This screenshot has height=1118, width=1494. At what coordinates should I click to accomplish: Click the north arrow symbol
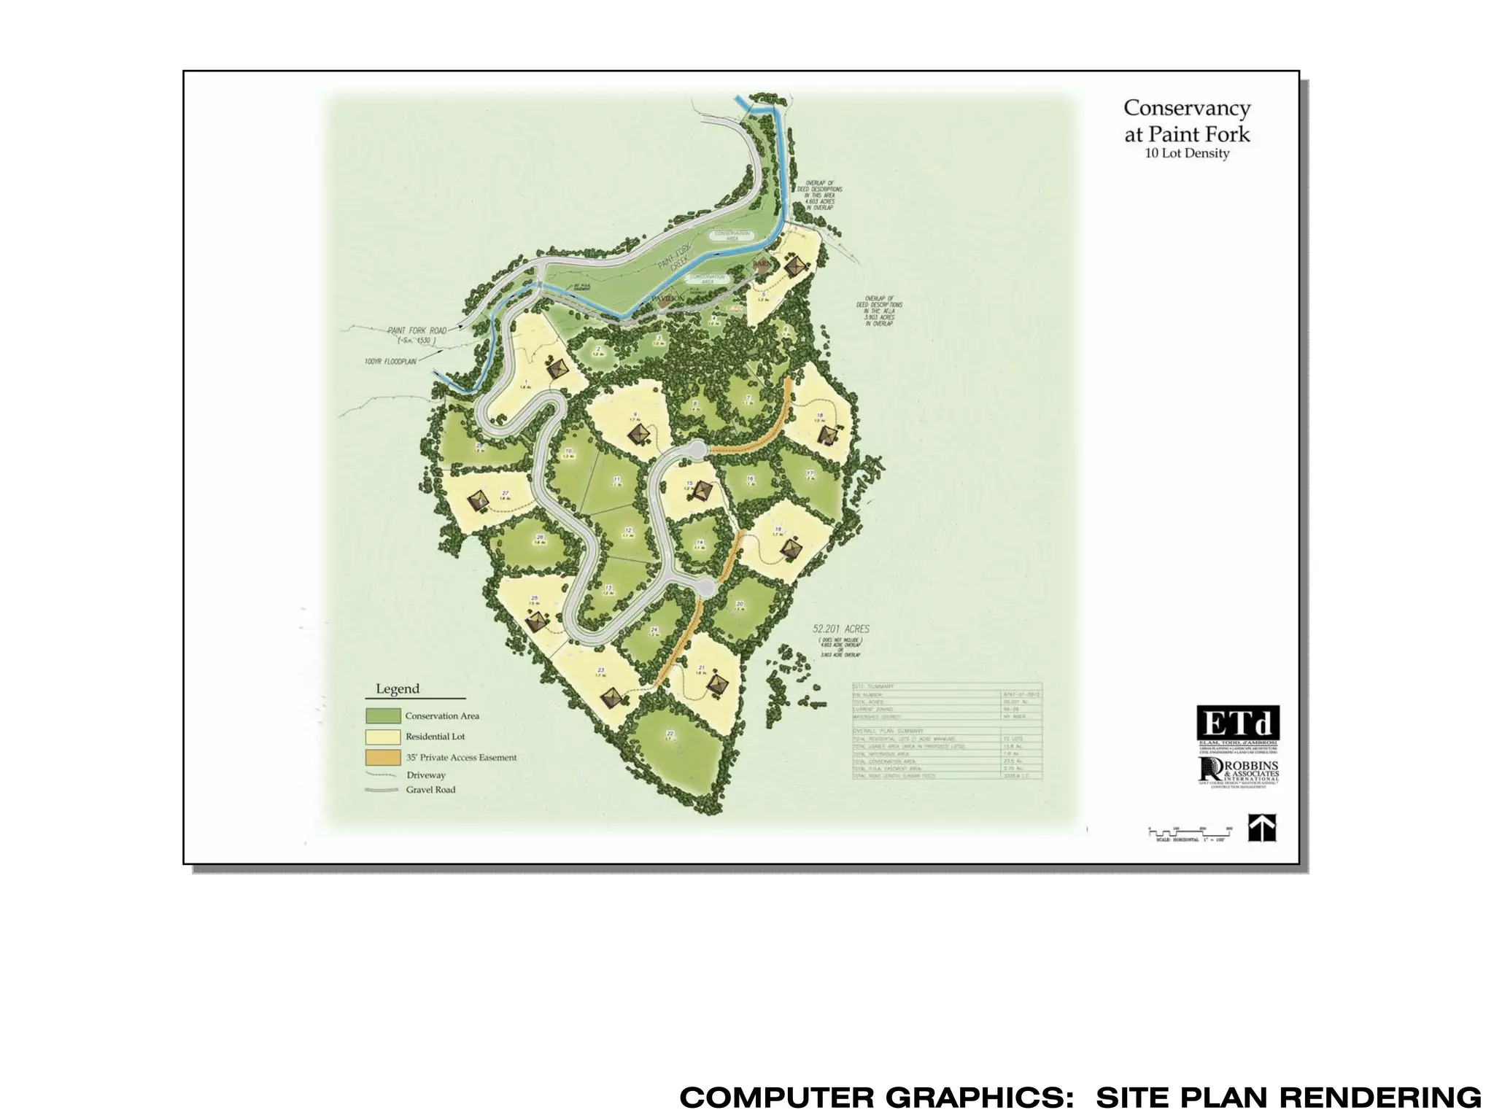pos(1261,828)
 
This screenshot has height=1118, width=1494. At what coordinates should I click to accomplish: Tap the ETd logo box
pos(1237,723)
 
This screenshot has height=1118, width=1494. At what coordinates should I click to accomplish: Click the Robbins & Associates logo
pos(1238,772)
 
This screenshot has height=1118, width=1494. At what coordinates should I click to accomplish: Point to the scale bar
pos(1190,832)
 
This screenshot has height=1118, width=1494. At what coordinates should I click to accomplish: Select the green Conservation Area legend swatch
pos(383,715)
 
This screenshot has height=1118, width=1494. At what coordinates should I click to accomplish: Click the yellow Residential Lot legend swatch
pos(383,737)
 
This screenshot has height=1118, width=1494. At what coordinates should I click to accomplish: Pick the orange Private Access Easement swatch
pos(383,758)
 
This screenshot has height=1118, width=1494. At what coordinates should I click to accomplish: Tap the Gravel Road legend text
pos(430,790)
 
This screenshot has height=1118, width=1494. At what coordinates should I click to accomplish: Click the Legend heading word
pos(398,688)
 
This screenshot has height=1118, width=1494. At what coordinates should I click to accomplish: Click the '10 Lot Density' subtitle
pos(1187,153)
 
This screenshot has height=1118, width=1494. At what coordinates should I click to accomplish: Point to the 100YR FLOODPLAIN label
pos(390,361)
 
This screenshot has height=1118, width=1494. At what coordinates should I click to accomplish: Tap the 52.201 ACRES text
pos(841,629)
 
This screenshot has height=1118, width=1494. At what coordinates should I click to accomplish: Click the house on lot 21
pos(720,683)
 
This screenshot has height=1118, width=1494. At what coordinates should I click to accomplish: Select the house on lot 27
pos(479,500)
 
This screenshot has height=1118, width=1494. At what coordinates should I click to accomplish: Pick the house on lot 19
pos(791,548)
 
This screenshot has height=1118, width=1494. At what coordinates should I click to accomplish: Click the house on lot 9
pos(640,435)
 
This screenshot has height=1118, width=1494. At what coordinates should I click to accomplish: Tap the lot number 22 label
pos(670,733)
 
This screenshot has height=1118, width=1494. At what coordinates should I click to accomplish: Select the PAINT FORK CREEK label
pos(673,257)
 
